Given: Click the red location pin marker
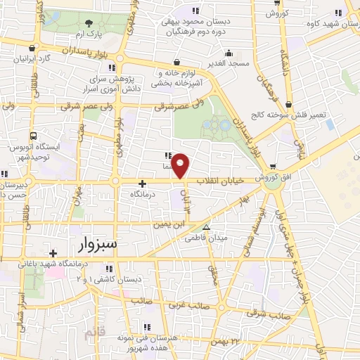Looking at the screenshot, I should coord(181,166).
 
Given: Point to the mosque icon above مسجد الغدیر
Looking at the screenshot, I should coord(229,53).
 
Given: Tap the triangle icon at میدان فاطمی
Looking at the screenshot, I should coord(206,227).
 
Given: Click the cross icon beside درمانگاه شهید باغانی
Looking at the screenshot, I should coord(53,253).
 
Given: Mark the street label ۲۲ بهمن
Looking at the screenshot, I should coord(226,341).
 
